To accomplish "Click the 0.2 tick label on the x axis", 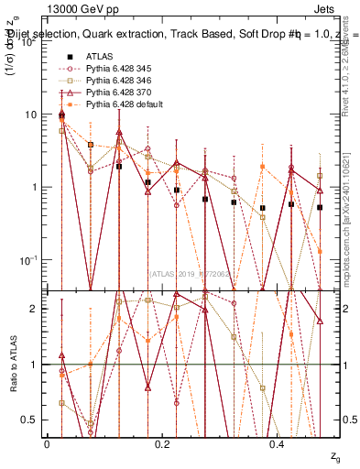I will click(162, 443).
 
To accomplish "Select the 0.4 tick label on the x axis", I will click(278, 443).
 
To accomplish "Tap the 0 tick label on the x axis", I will click(47, 443).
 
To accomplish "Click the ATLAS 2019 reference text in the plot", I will click(191, 273).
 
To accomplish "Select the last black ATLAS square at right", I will click(320, 208).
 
